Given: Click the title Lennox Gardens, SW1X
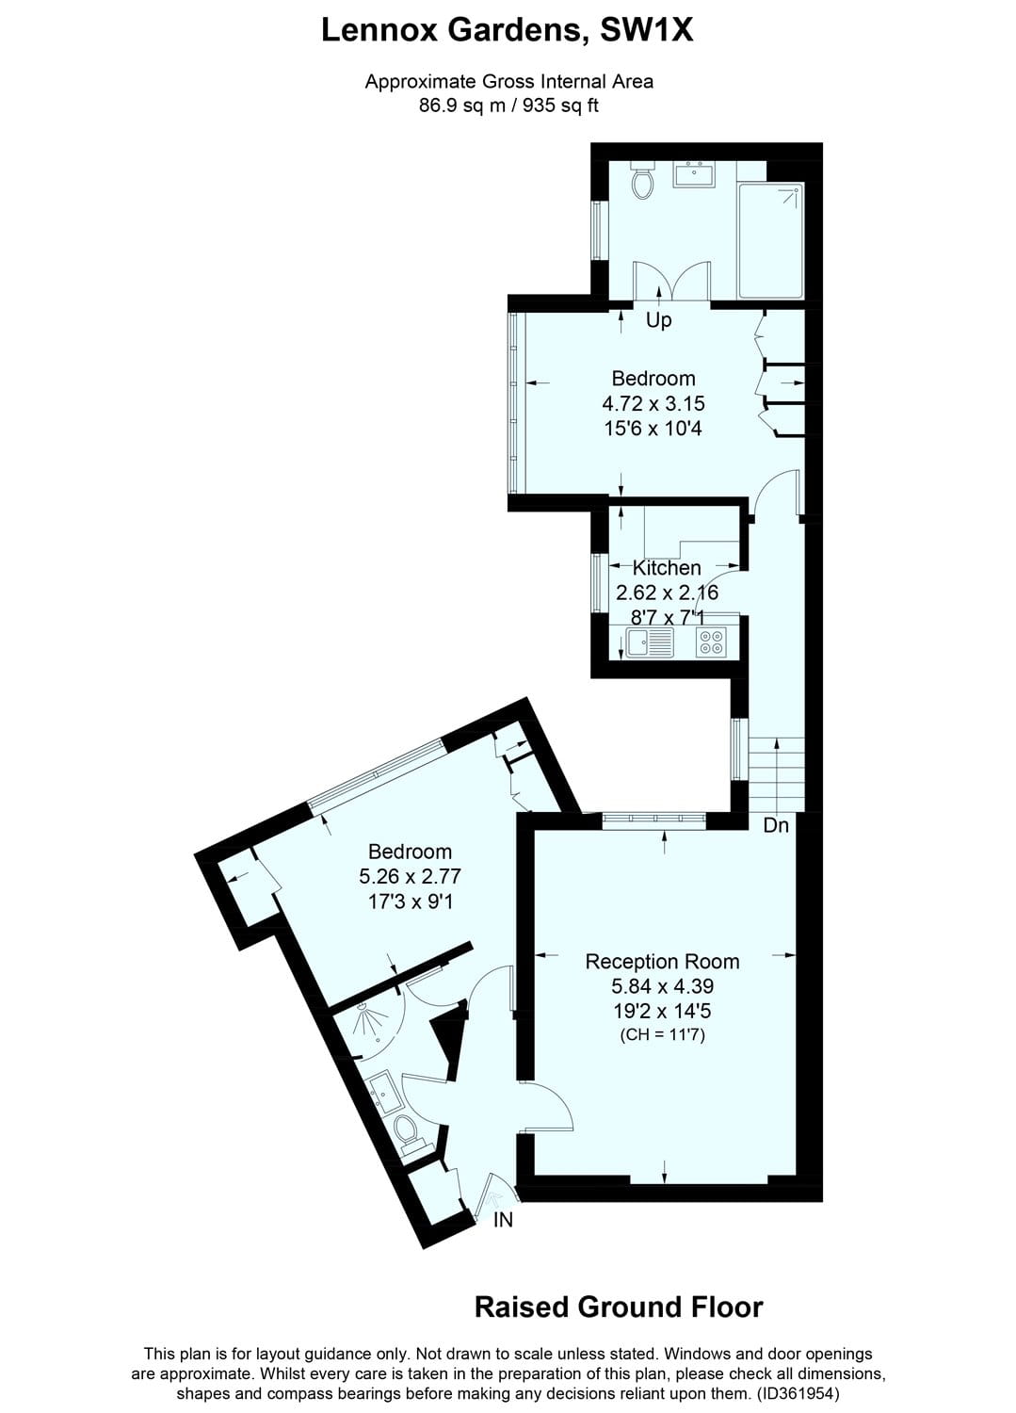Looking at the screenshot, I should point(508,31).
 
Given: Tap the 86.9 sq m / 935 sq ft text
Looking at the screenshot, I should point(508,106).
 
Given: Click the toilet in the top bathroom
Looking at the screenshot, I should point(644,183).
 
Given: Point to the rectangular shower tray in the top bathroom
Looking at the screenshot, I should point(769,240).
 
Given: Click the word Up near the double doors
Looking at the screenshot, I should point(658,320).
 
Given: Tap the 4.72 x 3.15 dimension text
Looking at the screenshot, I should point(653,403).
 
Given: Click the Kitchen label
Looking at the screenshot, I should point(667,568).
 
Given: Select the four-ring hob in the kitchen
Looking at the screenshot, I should point(713,642).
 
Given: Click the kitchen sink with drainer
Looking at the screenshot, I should point(649,642).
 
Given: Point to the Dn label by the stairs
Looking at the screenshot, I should point(776,825).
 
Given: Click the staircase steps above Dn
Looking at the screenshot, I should point(777,772).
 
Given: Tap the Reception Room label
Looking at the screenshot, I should point(662,962).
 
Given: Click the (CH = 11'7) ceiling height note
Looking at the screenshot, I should point(662,1035).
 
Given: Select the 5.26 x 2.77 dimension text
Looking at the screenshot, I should point(410,877).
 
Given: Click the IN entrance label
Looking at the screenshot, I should point(504,1220).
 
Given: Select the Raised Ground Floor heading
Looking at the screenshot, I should point(619,1307).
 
